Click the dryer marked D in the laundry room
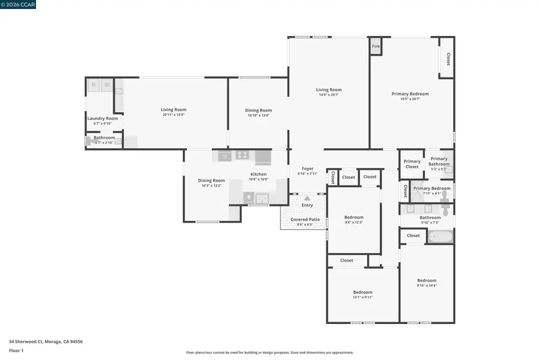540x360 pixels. (94, 85)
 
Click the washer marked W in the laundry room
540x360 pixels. (107, 85)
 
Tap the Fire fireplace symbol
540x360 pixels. (376, 47)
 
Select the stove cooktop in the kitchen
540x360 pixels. (242, 155)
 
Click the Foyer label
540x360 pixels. (307, 169)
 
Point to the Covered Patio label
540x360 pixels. (305, 220)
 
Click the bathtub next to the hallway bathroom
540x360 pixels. (440, 236)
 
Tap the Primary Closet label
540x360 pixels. (412, 164)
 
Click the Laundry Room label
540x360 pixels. (103, 118)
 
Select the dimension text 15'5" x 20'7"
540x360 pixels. (410, 99)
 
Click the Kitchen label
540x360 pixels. (259, 174)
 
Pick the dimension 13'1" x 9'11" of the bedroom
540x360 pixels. (362, 297)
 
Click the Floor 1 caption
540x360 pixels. (16, 350)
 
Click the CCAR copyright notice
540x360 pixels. (17, 4)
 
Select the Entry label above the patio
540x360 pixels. (307, 205)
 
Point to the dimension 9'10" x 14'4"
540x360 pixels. (427, 286)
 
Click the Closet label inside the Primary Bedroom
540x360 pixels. (448, 59)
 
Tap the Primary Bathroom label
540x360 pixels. (439, 161)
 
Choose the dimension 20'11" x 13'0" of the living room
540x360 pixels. (173, 115)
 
